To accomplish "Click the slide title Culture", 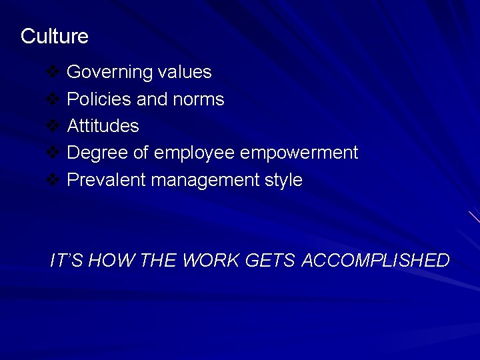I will [54, 36].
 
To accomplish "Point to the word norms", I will [198, 99].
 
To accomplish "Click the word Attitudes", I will [103, 126].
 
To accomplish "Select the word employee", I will [194, 153].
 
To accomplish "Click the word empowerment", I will [299, 153].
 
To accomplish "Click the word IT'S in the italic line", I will [66, 260].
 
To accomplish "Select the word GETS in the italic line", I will [270, 260].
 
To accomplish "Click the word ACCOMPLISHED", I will [375, 260].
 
